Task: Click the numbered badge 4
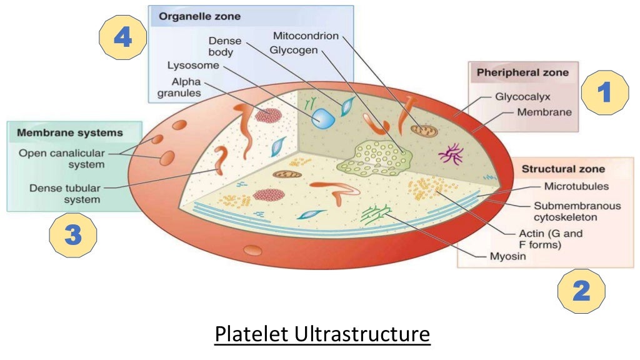click(x=122, y=38)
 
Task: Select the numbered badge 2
click(x=581, y=291)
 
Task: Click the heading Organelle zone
click(x=200, y=17)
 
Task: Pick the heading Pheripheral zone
click(x=522, y=72)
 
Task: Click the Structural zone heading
click(x=563, y=169)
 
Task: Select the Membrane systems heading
click(x=70, y=132)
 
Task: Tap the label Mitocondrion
click(x=306, y=36)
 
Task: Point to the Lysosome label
click(x=192, y=65)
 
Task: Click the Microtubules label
click(x=576, y=186)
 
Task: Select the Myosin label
click(x=508, y=256)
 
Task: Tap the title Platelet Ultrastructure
click(x=322, y=334)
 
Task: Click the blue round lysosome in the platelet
click(x=324, y=118)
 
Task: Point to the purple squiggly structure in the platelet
click(x=451, y=153)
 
